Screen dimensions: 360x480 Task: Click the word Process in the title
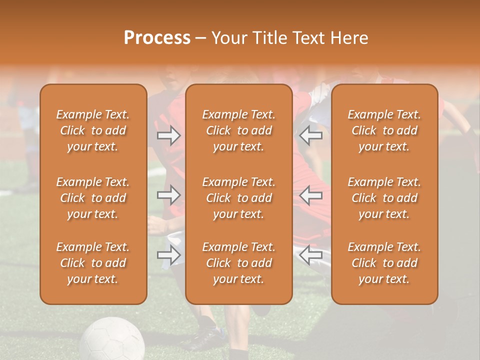pyautogui.click(x=157, y=38)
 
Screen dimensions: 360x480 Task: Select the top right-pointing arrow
pyautogui.click(x=169, y=135)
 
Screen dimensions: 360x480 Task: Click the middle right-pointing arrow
pyautogui.click(x=169, y=195)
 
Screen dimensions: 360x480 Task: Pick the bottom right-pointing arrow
pyautogui.click(x=169, y=255)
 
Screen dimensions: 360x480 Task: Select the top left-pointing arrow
pyautogui.click(x=311, y=135)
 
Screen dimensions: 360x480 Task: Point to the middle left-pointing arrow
pyautogui.click(x=311, y=195)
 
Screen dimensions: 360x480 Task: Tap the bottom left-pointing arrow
pyautogui.click(x=311, y=255)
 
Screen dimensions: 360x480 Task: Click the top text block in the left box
pyautogui.click(x=93, y=130)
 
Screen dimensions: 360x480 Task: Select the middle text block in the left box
pyautogui.click(x=93, y=198)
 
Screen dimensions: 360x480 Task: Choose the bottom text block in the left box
pyautogui.click(x=93, y=263)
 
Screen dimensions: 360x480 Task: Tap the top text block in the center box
pyautogui.click(x=239, y=130)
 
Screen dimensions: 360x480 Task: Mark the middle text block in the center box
pyautogui.click(x=239, y=198)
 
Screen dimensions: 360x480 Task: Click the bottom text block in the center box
pyautogui.click(x=239, y=263)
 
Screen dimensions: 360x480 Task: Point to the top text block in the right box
pyautogui.click(x=384, y=130)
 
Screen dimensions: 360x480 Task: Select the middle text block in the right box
pyautogui.click(x=384, y=198)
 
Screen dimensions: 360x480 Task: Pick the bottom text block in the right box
pyautogui.click(x=384, y=263)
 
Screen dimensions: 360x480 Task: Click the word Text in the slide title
pyautogui.click(x=310, y=38)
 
